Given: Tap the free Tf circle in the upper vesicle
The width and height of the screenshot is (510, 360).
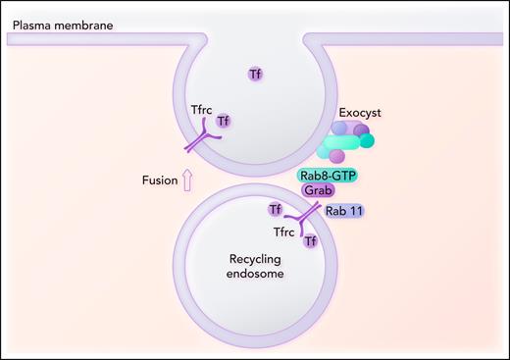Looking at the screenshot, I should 254,74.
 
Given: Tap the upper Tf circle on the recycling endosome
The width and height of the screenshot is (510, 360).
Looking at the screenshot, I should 276,209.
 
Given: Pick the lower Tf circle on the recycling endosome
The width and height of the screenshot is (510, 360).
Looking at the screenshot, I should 310,241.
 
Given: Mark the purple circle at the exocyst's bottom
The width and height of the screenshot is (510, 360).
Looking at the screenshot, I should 336,156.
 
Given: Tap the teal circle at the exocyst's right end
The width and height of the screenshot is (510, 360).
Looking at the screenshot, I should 367,140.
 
